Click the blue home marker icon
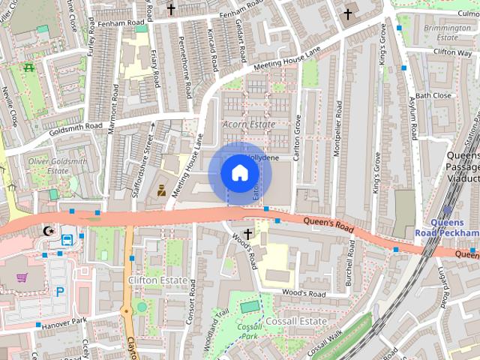click(240, 173)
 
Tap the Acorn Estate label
click(249, 124)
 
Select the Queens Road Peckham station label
click(447, 228)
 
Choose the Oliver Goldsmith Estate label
click(58, 166)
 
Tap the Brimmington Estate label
click(442, 31)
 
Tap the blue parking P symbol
click(60, 291)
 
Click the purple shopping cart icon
click(22, 278)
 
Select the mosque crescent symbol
click(49, 230)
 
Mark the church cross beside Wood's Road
click(247, 234)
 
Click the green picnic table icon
click(28, 67)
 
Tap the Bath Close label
click(433, 96)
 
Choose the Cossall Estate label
click(296, 321)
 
